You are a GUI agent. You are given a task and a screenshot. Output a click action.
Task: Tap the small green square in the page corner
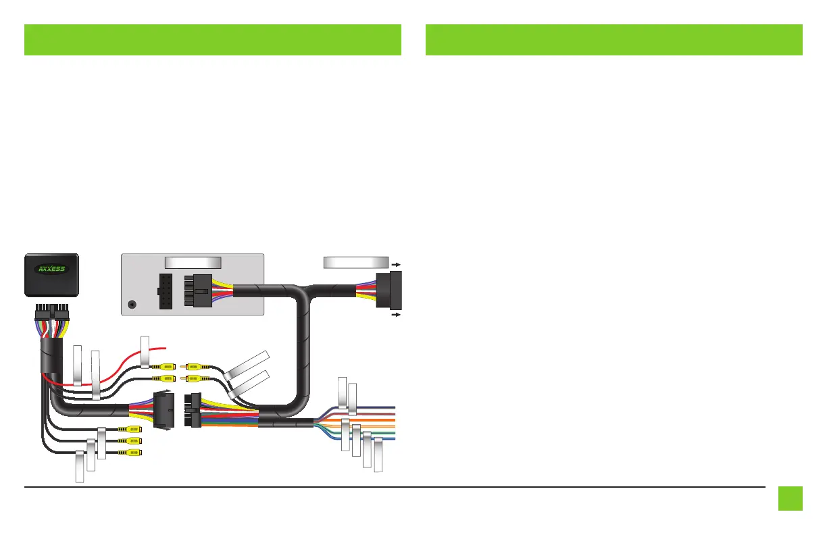[x=790, y=499]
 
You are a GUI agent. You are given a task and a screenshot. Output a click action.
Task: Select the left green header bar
[x=213, y=40]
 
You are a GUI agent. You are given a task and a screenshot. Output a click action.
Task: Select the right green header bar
[x=614, y=40]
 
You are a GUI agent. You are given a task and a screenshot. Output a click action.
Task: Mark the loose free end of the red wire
[x=164, y=349]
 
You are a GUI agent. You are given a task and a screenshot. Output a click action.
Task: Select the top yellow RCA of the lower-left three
[x=130, y=428]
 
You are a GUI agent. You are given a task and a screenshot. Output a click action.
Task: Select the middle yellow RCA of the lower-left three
[x=130, y=440]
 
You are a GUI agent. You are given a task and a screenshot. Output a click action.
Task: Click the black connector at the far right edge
[x=391, y=290]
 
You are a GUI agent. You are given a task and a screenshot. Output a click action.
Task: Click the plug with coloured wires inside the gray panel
[x=199, y=291]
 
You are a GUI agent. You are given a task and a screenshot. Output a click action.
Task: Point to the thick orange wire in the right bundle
[x=365, y=419]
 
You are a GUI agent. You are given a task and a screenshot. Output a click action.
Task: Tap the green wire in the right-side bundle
[x=378, y=432]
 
